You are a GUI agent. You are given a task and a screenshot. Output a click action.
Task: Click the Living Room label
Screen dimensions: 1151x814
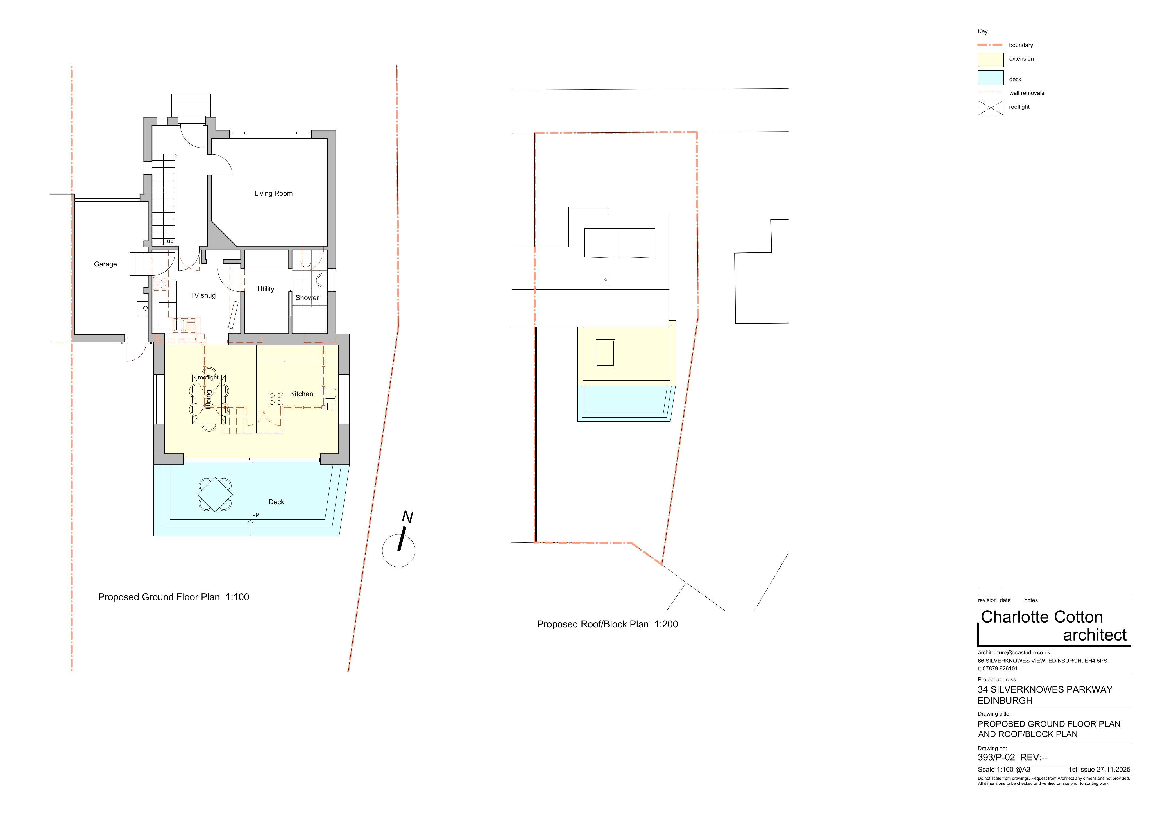(x=273, y=193)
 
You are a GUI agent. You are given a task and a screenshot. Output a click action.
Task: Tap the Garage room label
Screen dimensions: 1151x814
(x=105, y=264)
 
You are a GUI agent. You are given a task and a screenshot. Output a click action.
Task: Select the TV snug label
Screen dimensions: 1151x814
(x=203, y=295)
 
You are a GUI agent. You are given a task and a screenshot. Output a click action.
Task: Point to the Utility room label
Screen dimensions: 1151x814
(x=266, y=289)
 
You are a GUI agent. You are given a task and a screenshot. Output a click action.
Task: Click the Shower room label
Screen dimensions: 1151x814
(x=307, y=297)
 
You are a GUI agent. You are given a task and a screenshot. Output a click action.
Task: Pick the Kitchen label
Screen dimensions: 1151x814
(x=301, y=394)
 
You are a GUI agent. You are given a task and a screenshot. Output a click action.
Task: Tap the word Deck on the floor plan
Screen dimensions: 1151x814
(x=276, y=502)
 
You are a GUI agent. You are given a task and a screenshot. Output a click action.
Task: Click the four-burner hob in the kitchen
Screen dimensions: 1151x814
(x=275, y=399)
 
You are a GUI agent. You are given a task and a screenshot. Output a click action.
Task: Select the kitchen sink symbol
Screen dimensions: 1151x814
(x=330, y=399)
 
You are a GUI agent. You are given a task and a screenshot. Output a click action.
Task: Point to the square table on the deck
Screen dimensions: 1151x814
(x=215, y=494)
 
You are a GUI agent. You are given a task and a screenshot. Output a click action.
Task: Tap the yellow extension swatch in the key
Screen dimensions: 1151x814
(x=991, y=60)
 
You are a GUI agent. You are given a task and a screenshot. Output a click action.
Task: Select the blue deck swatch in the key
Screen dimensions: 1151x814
(x=991, y=78)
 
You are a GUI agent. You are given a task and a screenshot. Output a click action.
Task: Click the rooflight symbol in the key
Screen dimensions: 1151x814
(x=991, y=107)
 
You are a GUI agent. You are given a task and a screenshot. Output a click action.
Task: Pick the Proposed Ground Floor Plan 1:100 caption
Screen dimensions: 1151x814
(x=173, y=597)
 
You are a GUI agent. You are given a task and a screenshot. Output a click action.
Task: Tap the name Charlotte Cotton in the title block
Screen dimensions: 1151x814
(x=1042, y=617)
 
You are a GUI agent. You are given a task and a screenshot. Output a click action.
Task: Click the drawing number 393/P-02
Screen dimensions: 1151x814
(x=996, y=757)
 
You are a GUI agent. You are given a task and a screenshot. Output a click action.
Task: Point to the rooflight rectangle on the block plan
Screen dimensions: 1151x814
(x=605, y=353)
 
